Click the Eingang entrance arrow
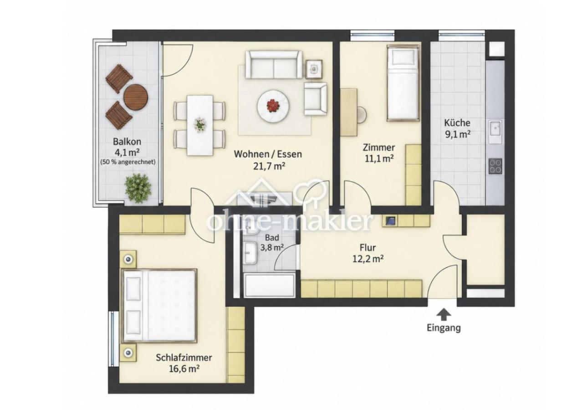tap(444, 314)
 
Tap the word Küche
tap(457, 123)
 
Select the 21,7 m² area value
tap(269, 166)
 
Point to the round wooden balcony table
tap(136, 97)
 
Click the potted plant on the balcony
tap(138, 188)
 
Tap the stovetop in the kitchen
tap(495, 166)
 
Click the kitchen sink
tap(495, 132)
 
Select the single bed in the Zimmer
tap(403, 83)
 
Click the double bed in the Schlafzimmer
tap(159, 306)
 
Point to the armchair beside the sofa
tap(316, 99)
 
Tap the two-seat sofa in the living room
tap(274, 65)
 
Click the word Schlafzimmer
tap(184, 358)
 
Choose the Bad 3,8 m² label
tap(272, 242)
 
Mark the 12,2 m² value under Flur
tap(368, 259)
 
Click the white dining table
tap(200, 126)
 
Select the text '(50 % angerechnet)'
tap(128, 162)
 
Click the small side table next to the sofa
tap(314, 69)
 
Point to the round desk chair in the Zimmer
tap(362, 114)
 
